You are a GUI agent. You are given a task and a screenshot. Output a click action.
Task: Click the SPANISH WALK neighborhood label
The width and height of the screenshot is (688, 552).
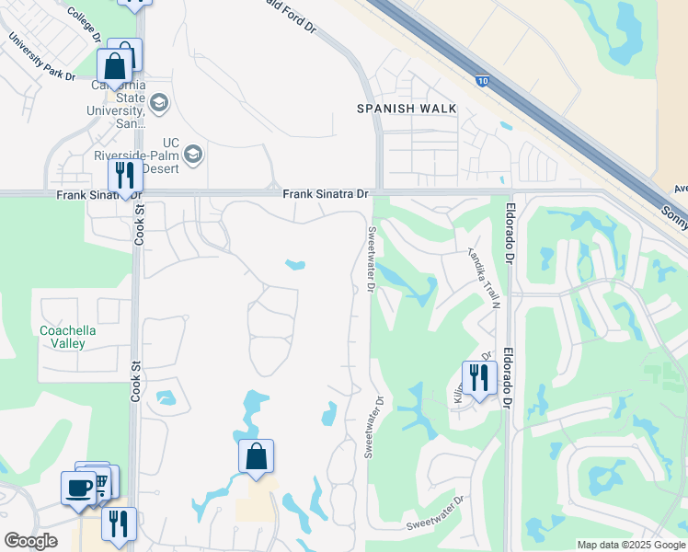coord(407,109)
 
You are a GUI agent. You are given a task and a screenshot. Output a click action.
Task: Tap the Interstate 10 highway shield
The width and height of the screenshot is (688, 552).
coord(484,82)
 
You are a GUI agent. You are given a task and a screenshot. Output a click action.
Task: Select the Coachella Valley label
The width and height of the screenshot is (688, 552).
coord(68,337)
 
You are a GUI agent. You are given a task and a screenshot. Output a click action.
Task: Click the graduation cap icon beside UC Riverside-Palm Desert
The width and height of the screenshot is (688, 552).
coord(192,154)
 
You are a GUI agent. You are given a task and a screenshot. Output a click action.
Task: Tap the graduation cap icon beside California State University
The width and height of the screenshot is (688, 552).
coord(159,102)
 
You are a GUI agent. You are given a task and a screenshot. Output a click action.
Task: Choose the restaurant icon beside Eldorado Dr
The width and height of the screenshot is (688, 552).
coord(478,379)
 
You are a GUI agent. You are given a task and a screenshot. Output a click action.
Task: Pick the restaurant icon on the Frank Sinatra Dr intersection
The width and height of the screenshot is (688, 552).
coord(124,177)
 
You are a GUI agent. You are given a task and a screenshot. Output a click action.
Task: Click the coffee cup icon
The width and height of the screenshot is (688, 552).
coord(78,488)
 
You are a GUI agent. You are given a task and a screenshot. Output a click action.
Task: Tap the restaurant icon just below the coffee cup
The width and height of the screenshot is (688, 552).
coord(118,523)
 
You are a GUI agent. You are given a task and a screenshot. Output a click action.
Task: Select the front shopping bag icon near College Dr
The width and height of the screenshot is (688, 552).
coord(115,67)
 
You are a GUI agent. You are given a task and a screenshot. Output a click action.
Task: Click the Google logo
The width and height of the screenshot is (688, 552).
coord(30,541)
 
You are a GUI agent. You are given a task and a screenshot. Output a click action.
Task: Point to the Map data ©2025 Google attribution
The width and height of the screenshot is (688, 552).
coord(631,545)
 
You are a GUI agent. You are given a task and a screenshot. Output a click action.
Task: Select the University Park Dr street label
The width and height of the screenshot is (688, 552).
coord(41,59)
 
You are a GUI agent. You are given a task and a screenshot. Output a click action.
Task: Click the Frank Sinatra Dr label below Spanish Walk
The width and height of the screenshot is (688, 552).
coord(326,194)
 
